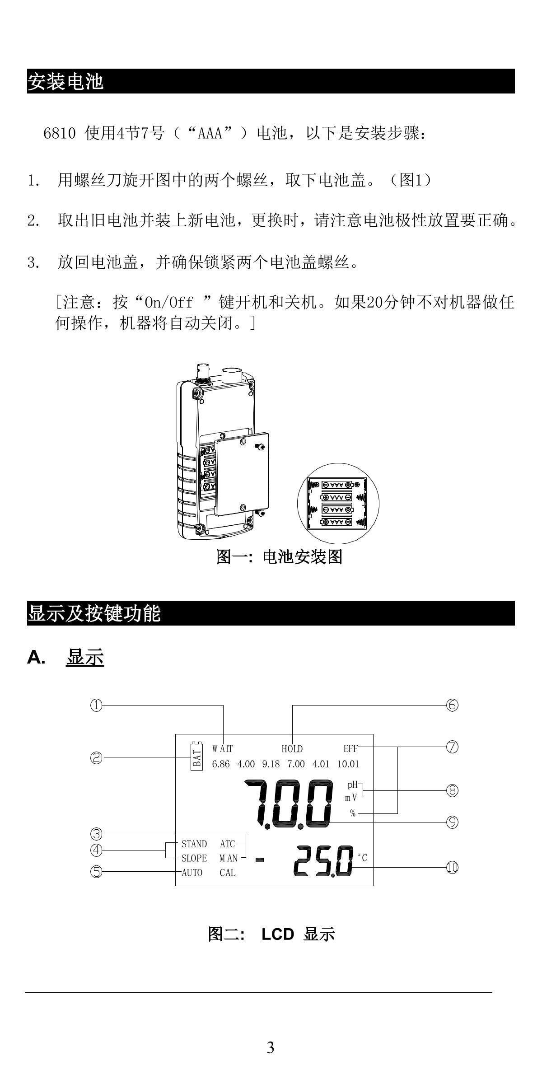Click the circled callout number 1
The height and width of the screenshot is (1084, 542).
point(96,705)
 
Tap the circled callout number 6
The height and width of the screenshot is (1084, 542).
point(452,705)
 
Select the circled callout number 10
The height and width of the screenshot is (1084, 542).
point(452,867)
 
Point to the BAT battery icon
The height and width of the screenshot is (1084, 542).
point(196,755)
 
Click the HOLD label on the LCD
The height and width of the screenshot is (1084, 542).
point(292,749)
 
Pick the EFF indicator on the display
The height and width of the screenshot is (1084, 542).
point(350,749)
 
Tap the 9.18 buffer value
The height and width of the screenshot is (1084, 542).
point(271,764)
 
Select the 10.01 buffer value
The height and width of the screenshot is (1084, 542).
point(348,764)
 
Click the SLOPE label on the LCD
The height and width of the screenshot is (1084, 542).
point(194,858)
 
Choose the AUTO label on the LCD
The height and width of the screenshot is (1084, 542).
point(192,873)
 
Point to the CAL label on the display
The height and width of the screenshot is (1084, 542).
point(228,873)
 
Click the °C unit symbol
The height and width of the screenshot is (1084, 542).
point(362,858)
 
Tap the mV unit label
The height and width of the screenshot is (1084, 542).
point(351,798)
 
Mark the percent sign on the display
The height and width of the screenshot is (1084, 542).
point(353,813)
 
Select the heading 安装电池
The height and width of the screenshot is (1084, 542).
point(66,82)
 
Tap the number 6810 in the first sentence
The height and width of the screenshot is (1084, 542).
point(59,134)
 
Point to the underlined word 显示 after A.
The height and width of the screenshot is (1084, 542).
point(85,658)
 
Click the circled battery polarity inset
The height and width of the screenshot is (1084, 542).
point(338,504)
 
